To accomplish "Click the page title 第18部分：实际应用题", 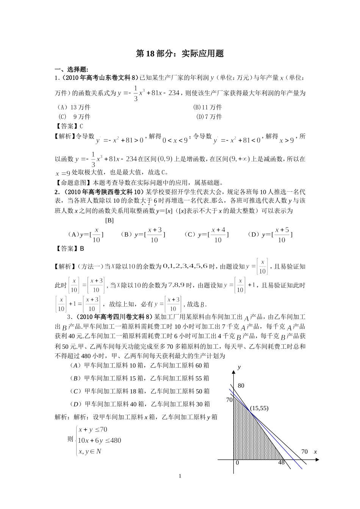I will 180,54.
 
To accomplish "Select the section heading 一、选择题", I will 72,69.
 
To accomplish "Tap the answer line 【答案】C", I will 69,126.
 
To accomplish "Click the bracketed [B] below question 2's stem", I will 109,220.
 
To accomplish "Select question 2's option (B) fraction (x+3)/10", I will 155,235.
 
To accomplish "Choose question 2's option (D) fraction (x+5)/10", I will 282,235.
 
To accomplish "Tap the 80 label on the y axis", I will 241,386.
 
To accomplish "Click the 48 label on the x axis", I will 282,462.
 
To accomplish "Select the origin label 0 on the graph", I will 238,462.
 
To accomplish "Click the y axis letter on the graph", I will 239,367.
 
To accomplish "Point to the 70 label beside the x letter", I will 305,451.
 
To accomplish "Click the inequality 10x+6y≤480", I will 99,440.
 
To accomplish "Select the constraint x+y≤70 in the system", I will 92,429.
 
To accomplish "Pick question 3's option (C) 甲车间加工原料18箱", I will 140,391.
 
